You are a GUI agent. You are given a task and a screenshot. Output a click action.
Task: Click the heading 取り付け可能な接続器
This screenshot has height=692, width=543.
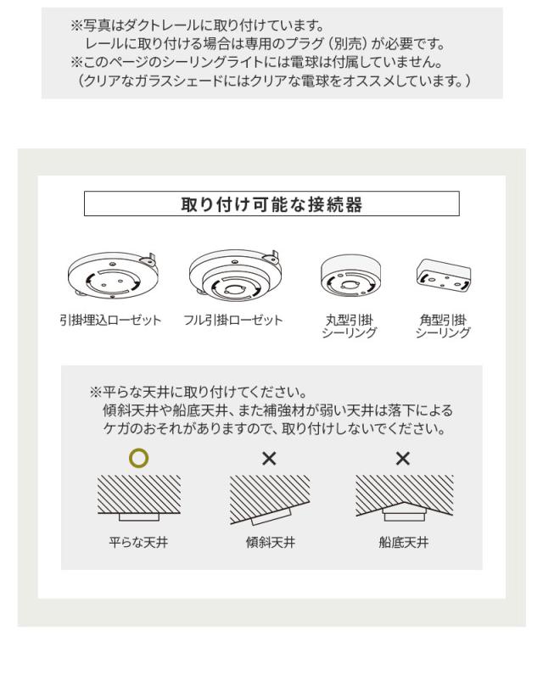click(271, 204)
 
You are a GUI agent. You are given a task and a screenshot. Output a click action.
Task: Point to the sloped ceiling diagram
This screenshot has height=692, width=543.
click(270, 500)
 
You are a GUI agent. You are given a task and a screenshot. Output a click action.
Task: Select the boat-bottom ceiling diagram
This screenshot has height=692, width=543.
click(403, 499)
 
